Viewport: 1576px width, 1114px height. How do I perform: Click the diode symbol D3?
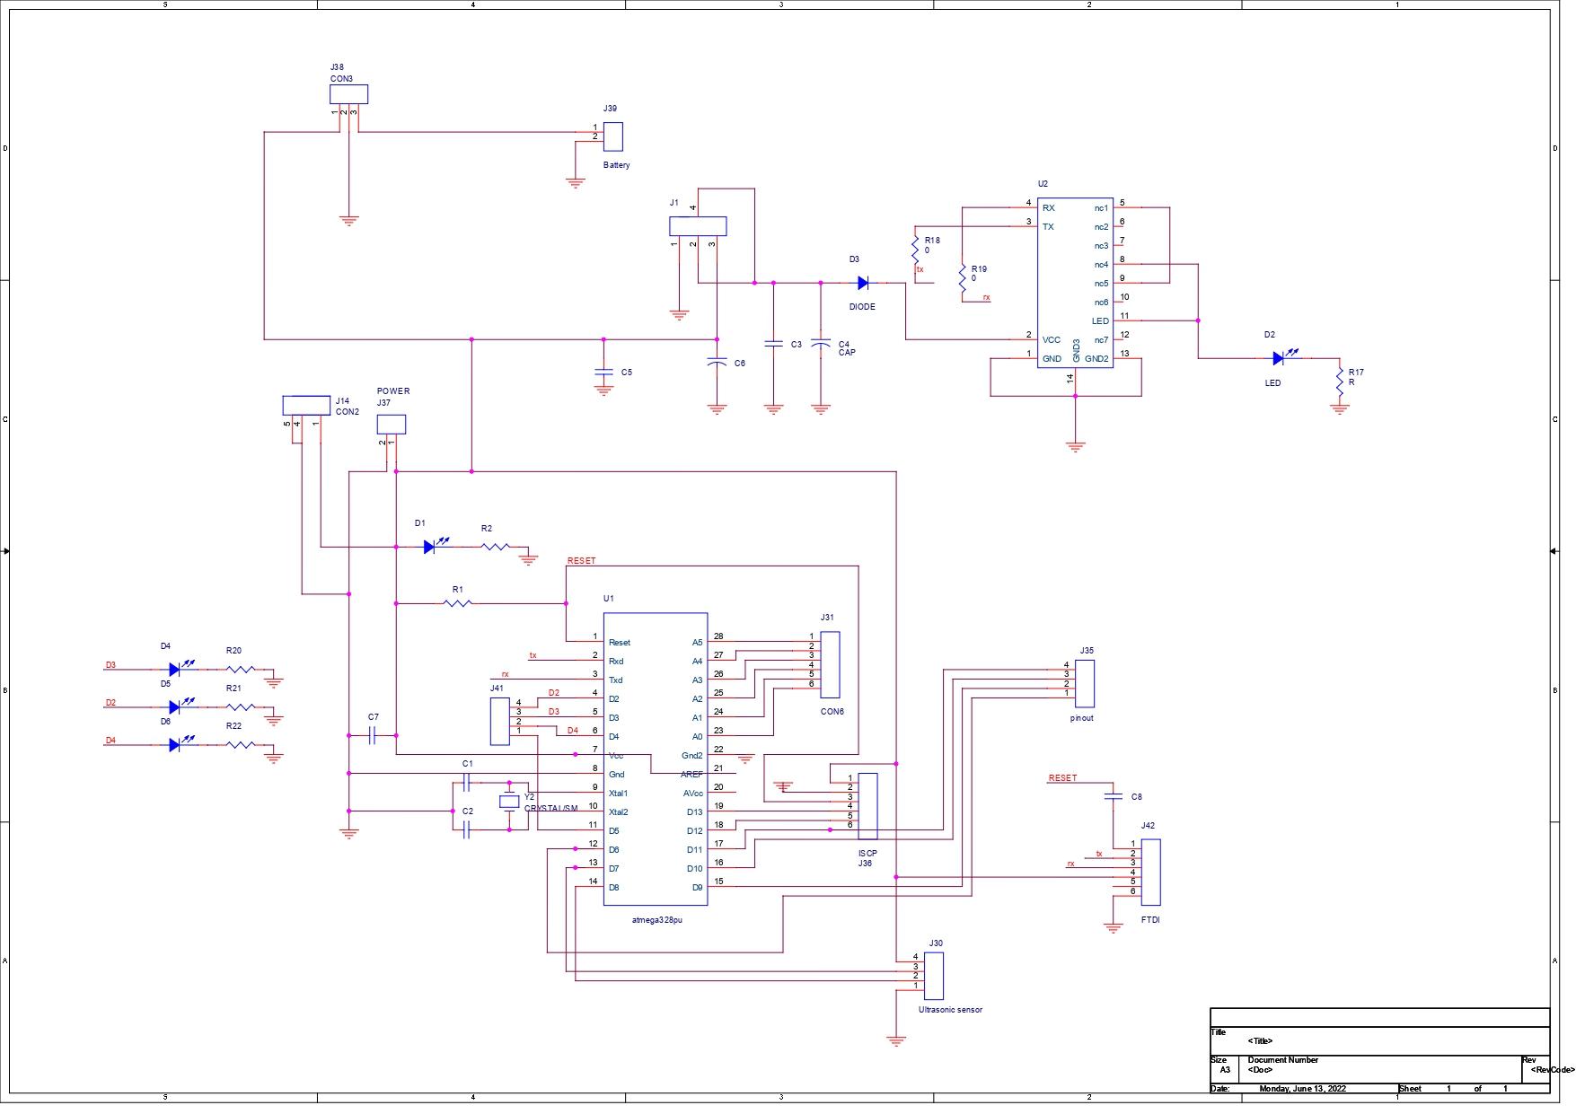point(863,283)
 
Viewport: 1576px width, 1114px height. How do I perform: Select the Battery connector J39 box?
point(613,136)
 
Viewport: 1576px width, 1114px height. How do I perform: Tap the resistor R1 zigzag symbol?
point(458,603)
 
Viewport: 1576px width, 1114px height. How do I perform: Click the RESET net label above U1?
point(581,561)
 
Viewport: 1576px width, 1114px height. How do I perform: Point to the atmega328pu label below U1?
point(656,920)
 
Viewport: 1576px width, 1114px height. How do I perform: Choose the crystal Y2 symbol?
point(509,802)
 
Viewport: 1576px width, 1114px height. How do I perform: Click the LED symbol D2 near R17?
point(1278,358)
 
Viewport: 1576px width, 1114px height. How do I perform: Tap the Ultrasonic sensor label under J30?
point(950,1010)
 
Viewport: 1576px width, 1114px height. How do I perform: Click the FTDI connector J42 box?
point(1150,872)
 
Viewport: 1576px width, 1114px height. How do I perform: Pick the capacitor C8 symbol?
point(1113,796)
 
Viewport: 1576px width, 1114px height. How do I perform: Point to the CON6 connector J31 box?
point(830,664)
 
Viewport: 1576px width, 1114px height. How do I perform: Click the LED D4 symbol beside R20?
point(175,669)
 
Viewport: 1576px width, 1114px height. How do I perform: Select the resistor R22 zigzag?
point(240,744)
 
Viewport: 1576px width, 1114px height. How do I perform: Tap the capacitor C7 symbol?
point(373,736)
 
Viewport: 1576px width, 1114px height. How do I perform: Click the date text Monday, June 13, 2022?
point(1302,1089)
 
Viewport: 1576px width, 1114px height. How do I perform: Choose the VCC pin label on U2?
point(1051,340)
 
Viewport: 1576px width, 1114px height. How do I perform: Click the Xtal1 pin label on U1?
point(618,794)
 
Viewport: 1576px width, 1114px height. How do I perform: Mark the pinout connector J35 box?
point(1085,683)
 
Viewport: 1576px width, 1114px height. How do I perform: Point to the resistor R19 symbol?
point(963,274)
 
